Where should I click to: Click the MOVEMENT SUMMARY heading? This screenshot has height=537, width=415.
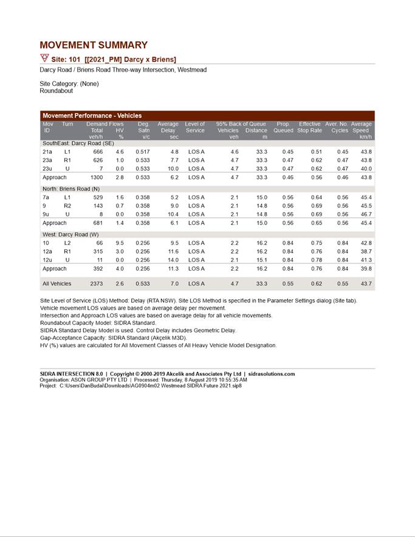tap(94, 45)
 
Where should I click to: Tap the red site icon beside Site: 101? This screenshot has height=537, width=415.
tap(44, 58)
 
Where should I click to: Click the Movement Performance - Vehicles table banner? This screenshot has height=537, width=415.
tap(92, 116)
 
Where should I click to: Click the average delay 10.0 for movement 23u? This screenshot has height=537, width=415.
tap(173, 168)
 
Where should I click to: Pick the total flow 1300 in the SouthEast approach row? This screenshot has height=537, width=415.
tap(96, 178)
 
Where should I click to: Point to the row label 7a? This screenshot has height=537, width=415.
tap(46, 198)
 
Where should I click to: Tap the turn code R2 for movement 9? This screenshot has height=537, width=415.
tap(67, 206)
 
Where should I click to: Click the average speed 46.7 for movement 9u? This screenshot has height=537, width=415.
tap(365, 215)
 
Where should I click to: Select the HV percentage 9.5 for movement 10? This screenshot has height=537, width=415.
tap(120, 243)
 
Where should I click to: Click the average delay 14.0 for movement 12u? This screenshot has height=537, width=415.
tap(173, 260)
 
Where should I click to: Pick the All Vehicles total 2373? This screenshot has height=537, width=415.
tap(96, 283)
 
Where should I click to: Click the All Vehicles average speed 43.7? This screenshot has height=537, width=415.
tap(365, 283)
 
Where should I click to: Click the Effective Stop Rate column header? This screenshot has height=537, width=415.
tap(309, 127)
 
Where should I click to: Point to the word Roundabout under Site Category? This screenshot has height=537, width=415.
tap(57, 91)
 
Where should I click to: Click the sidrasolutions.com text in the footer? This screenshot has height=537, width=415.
tap(271, 374)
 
